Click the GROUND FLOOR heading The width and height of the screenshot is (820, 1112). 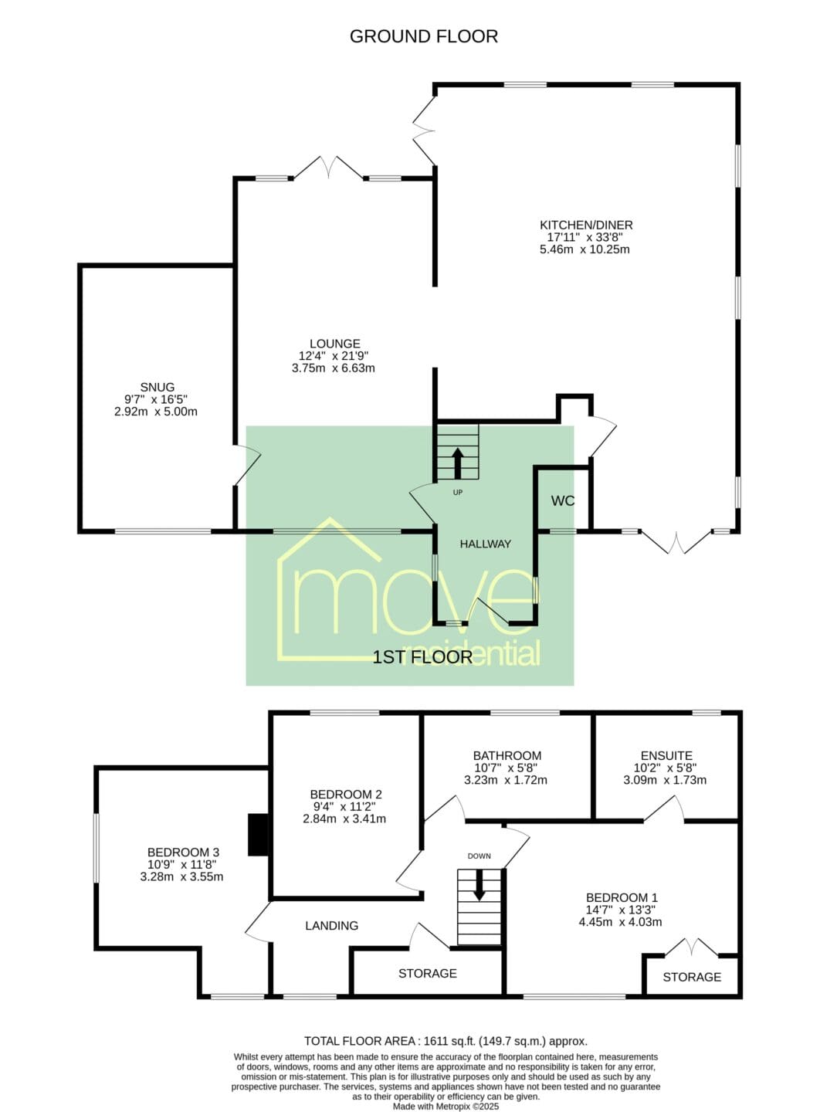coord(423,37)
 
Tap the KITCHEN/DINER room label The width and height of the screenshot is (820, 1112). coord(586,225)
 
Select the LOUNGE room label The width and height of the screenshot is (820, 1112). coord(334,344)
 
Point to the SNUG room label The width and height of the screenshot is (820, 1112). coord(157,387)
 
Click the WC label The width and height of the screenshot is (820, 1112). coord(563,501)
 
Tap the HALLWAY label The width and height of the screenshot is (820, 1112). coord(485,544)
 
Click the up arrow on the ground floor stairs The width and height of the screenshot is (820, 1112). coord(457,463)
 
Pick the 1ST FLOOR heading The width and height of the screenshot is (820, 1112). coord(422,657)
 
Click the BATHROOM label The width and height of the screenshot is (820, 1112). coord(507,755)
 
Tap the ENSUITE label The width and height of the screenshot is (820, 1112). coord(666,755)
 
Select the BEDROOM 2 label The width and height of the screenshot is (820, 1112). coord(345,795)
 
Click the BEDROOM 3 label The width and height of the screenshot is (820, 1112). coord(183,853)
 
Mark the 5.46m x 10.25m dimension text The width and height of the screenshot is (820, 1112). coord(585,249)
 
